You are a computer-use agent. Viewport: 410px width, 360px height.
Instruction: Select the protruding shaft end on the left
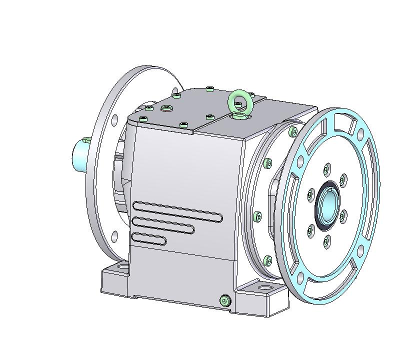coord(80,154)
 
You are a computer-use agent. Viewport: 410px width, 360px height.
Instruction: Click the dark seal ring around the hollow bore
coord(318,210)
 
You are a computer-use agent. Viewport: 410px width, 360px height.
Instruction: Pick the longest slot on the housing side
coord(177,210)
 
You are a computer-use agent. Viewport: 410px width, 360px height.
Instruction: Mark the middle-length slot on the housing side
coord(162,225)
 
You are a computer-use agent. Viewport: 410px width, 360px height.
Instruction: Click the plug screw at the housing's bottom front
coord(224,300)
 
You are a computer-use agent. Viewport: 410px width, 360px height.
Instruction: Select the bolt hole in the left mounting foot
coord(120,268)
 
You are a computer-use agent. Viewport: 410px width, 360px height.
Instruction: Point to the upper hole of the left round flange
coord(114,119)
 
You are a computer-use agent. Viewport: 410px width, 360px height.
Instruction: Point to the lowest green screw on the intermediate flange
coord(268,260)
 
